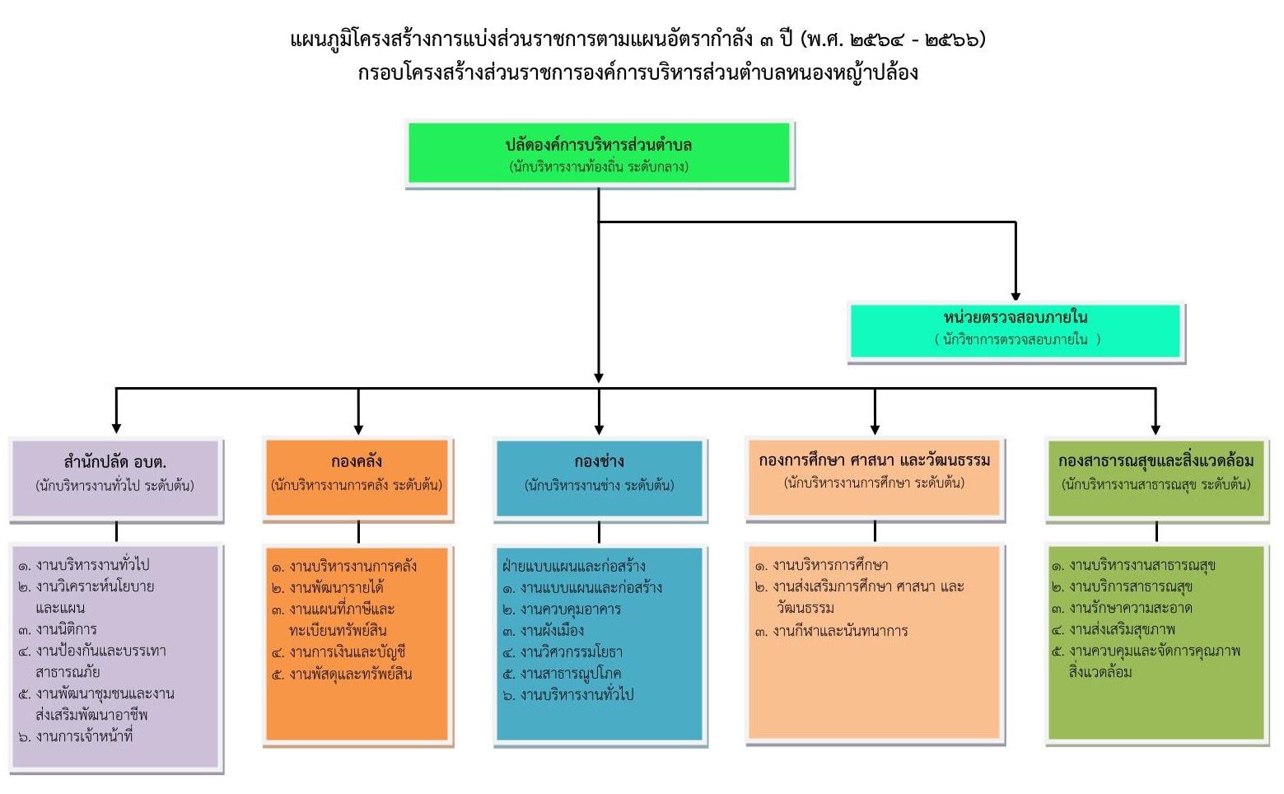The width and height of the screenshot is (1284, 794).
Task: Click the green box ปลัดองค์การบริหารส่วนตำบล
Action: (x=599, y=154)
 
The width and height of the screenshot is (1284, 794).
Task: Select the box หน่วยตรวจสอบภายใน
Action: (x=1016, y=330)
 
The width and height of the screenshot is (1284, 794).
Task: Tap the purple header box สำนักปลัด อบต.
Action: (x=115, y=478)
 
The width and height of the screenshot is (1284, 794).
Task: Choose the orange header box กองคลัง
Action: (x=357, y=478)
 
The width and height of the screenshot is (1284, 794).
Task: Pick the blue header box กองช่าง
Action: (x=599, y=478)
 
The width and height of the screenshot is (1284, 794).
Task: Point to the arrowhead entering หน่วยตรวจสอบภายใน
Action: (x=1016, y=296)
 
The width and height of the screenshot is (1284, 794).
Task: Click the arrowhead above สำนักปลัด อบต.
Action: (x=116, y=427)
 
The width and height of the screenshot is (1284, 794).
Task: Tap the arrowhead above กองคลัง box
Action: (x=358, y=428)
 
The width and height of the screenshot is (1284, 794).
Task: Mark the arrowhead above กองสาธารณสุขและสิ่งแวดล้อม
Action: (x=1156, y=428)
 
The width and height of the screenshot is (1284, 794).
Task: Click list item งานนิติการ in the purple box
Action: (x=66, y=630)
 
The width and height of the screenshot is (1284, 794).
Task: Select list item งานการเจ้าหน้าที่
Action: (x=83, y=736)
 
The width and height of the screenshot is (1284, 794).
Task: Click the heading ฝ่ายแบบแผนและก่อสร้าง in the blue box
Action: (x=573, y=566)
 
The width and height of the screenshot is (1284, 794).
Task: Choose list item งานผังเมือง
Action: (x=552, y=631)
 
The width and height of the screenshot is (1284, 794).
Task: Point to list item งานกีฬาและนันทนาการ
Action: (x=839, y=631)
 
